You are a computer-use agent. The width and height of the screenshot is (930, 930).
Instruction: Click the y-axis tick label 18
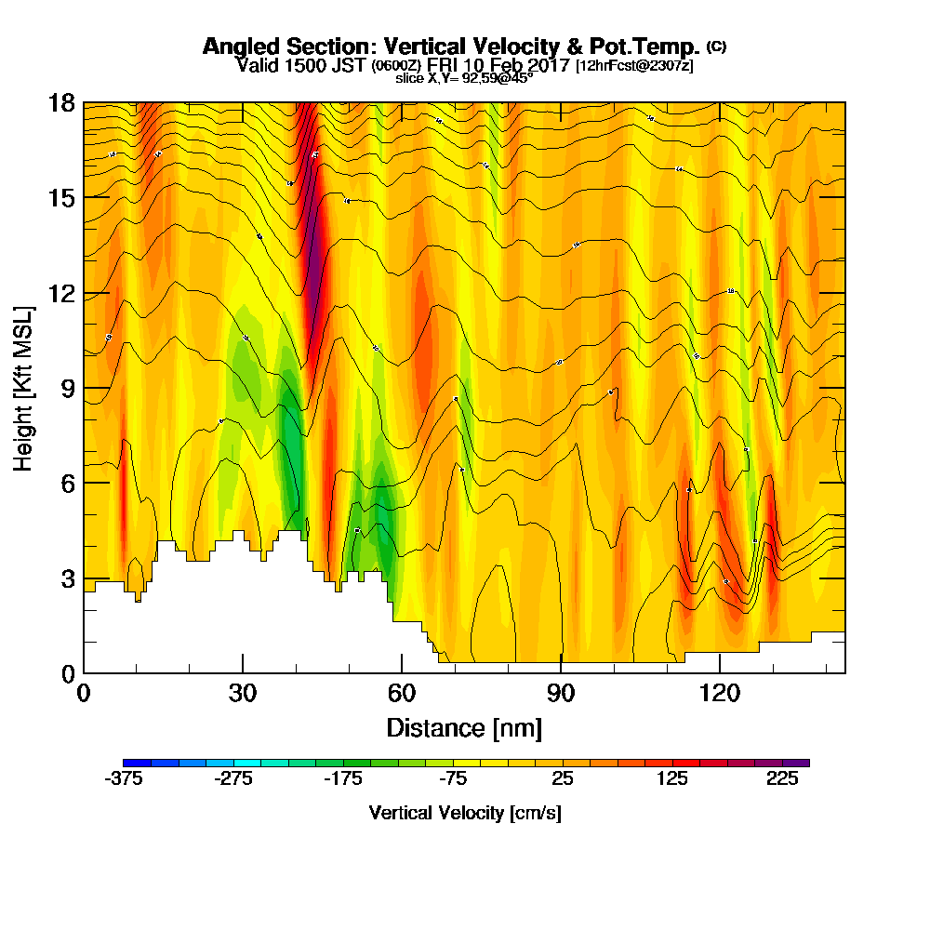(61, 103)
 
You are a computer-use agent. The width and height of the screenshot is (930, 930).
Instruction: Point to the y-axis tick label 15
(61, 198)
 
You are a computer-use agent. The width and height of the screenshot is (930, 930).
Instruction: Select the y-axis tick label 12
(61, 294)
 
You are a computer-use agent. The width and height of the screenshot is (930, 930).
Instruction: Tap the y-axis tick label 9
(67, 389)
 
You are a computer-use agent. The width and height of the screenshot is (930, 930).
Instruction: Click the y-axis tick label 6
(67, 484)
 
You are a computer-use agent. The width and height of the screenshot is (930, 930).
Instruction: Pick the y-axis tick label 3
(67, 578)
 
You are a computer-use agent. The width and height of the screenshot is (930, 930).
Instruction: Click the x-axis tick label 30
(243, 694)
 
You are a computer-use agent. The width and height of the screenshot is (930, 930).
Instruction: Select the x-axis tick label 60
(402, 694)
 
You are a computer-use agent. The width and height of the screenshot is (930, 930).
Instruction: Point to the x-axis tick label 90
(561, 694)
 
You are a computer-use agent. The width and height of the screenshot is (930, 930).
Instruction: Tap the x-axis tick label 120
(720, 694)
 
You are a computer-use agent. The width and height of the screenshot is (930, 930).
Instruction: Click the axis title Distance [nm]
(464, 727)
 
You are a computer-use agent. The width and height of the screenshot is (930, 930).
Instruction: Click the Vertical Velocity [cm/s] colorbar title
(464, 813)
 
